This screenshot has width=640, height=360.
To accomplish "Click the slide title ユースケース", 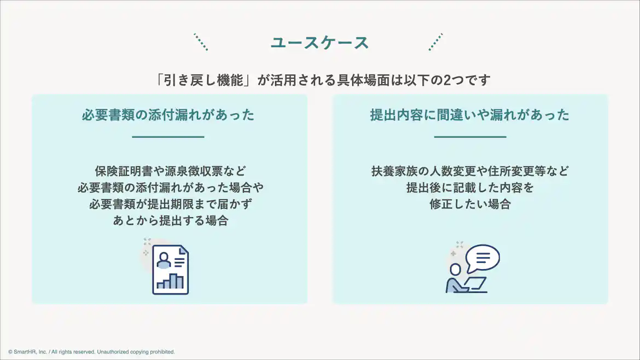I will tap(319, 43).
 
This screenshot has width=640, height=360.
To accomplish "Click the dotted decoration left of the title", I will tap(201, 42).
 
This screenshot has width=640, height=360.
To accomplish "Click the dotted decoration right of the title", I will tap(435, 42).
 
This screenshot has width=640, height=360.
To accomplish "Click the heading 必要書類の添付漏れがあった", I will tap(168, 115).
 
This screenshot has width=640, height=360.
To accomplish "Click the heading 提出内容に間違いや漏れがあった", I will tap(469, 115).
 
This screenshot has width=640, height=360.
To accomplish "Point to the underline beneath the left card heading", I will tap(168, 137).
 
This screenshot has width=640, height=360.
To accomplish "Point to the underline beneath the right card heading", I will tap(470, 137).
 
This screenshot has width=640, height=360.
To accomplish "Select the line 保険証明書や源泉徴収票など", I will tap(170, 171).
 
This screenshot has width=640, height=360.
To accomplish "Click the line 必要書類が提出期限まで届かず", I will tap(170, 204).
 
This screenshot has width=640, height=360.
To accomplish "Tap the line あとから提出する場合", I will tap(170, 221).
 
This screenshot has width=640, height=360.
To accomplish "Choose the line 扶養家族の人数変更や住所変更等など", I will tap(470, 171).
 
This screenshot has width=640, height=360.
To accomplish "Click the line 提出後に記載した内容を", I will tap(470, 188).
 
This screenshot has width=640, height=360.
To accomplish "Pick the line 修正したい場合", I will tap(470, 204).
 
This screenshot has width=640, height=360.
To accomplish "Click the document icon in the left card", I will tap(170, 270).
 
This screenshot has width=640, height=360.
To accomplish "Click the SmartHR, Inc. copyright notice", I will tap(91, 352).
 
